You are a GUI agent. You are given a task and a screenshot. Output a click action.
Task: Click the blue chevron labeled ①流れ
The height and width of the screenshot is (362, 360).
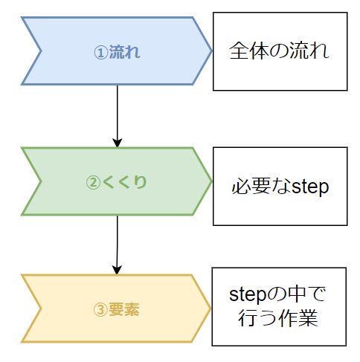117,51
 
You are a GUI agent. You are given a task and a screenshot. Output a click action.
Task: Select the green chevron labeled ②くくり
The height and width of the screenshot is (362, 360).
117,181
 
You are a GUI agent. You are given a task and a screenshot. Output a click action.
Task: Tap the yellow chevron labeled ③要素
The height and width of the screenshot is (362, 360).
116,308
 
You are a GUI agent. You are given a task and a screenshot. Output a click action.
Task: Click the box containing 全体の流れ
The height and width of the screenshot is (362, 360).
280,51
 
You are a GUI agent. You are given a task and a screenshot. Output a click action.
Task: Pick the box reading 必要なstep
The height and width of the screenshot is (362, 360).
280,187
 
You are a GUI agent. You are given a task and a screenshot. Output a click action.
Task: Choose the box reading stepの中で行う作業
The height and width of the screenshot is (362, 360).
279,307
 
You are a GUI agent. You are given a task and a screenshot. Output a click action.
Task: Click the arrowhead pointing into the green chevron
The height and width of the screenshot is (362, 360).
118,143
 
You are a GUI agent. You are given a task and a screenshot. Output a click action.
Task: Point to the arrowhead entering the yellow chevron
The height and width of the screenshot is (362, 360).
117,270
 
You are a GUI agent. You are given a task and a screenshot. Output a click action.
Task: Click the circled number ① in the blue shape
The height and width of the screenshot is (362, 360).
101,53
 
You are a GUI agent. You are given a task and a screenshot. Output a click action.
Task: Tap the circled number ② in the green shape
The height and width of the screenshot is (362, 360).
93,183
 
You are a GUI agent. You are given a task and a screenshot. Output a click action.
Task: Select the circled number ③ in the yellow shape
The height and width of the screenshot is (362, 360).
100,310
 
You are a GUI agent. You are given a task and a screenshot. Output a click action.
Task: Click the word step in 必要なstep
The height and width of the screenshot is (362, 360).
310,187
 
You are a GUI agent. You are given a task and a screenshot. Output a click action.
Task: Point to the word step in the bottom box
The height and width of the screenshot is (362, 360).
248,295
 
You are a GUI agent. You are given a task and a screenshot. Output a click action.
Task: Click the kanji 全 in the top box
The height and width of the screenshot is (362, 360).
239,51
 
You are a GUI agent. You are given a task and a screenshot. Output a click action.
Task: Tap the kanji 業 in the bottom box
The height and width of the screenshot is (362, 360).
309,318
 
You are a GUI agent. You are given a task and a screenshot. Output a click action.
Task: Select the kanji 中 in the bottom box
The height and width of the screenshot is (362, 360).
295,294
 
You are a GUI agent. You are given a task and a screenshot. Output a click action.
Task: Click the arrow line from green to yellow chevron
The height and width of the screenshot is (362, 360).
117,245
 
